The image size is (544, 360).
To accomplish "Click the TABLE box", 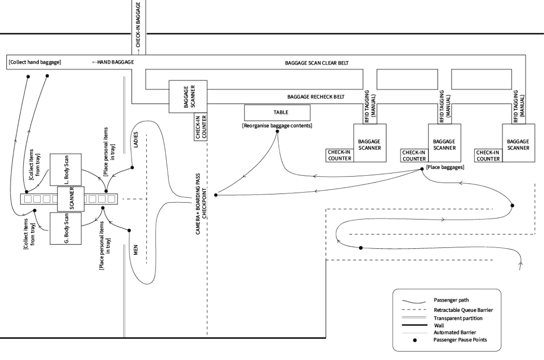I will [x=277, y=113].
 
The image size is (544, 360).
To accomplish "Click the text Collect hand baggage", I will [x=35, y=63].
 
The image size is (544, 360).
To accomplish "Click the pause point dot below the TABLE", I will [x=278, y=131].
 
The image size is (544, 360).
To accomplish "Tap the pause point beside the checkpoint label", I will [x=216, y=195].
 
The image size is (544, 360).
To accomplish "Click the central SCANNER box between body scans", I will [x=71, y=199].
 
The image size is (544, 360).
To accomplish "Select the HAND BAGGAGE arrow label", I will [x=113, y=63].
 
